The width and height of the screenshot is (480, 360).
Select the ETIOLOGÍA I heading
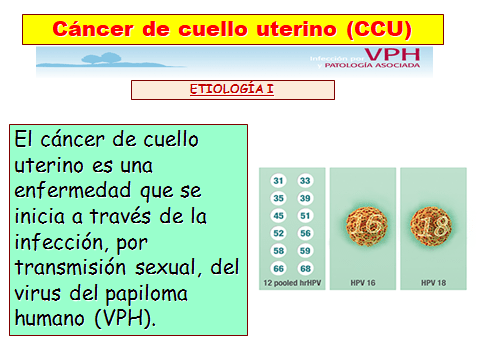[x=232, y=90]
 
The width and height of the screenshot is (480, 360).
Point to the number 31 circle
[x=280, y=181]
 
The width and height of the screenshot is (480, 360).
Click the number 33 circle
[x=305, y=181]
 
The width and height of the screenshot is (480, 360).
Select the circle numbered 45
[x=280, y=215]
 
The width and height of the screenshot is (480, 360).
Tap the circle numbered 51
[x=305, y=215]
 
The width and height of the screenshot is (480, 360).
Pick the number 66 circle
[x=280, y=267]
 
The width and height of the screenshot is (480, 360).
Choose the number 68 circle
[x=305, y=267]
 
